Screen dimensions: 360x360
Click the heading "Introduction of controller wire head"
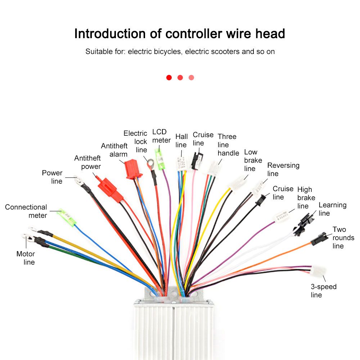point(180,33)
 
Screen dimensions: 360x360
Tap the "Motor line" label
point(26,258)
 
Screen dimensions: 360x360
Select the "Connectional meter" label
point(26,211)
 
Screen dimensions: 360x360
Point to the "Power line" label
point(53,177)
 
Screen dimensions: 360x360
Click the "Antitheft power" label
point(87,162)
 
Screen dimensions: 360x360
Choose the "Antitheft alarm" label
point(114,150)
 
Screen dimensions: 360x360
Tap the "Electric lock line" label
point(136,141)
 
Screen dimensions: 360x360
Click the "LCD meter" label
point(161,136)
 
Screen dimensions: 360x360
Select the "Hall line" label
point(181,141)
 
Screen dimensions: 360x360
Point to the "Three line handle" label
point(228,145)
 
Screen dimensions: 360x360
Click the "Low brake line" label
point(253,160)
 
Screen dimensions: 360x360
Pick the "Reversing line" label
point(283,169)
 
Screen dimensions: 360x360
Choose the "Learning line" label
point(332,209)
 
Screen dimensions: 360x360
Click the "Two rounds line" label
point(342,238)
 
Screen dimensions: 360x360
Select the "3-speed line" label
point(323,291)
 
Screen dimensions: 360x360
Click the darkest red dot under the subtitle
point(169,77)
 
